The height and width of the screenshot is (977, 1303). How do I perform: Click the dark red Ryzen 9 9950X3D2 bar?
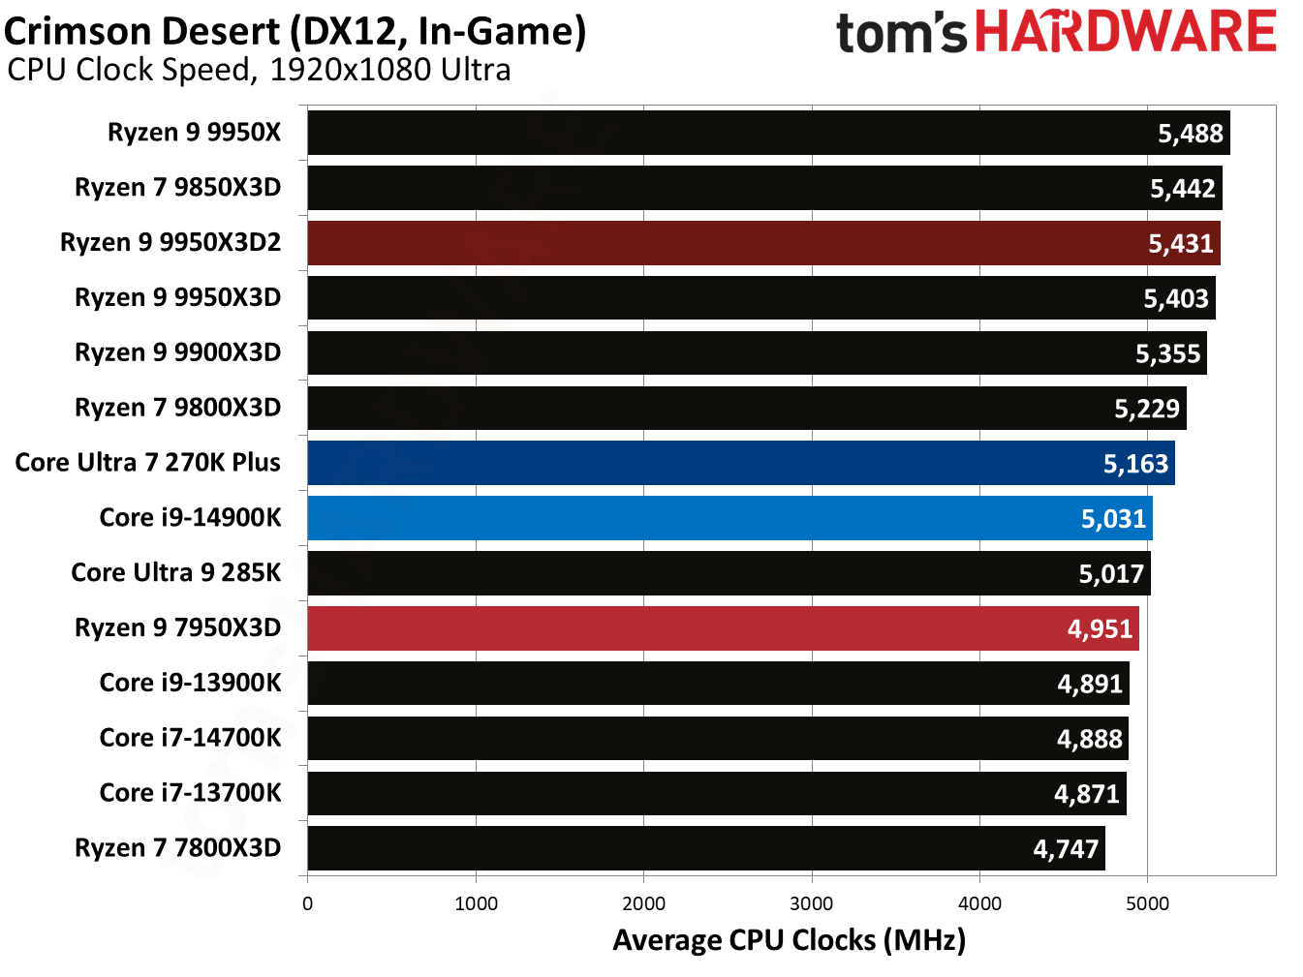tap(763, 243)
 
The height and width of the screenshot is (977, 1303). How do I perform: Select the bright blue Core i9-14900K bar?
tap(729, 518)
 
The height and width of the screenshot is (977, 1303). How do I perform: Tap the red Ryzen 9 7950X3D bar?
tap(723, 628)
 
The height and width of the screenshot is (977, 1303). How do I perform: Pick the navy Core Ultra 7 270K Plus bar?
tap(741, 463)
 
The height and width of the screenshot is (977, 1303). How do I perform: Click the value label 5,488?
tap(1191, 134)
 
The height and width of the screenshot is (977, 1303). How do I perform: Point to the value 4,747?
tap(1066, 849)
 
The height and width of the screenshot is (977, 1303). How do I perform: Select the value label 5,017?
tap(1111, 574)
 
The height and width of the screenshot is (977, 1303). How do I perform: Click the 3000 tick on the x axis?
tap(812, 903)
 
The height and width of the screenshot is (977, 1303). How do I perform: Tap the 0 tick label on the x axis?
tap(307, 903)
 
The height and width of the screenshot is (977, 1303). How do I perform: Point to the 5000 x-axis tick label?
tap(1147, 903)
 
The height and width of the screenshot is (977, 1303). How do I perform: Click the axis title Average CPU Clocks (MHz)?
tap(789, 940)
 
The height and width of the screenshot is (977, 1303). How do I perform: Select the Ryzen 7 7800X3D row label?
tap(177, 848)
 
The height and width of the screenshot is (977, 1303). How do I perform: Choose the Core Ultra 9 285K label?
tap(175, 572)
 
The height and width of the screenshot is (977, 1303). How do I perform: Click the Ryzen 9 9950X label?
tap(194, 132)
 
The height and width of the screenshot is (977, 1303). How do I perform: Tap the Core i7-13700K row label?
tap(190, 793)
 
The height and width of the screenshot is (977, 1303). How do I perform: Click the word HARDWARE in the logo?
tap(1125, 32)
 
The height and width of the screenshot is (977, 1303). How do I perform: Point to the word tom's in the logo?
tap(901, 34)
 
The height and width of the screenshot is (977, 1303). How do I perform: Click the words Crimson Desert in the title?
tap(142, 32)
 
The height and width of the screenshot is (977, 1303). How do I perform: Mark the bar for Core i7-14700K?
tap(718, 739)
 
